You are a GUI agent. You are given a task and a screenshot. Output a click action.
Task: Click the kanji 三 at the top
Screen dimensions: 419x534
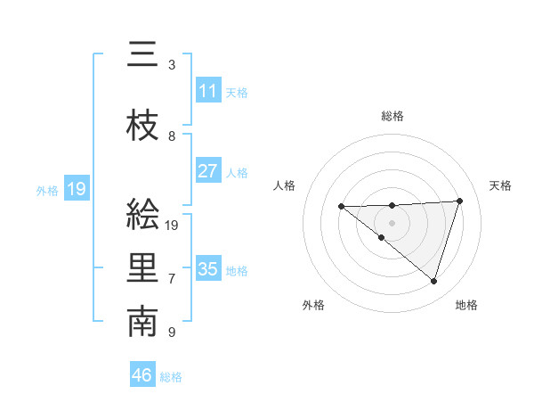coord(142,55)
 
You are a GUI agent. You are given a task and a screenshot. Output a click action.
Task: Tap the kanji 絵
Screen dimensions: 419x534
coord(142,214)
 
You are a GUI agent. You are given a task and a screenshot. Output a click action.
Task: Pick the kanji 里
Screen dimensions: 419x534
coord(142,268)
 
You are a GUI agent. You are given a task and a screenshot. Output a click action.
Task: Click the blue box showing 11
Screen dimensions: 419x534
coord(208,91)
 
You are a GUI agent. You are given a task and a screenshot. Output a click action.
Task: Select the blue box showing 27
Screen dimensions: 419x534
coord(208,171)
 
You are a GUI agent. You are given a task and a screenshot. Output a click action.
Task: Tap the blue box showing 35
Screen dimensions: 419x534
coord(208,269)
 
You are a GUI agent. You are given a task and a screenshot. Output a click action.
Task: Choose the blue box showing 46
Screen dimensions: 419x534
coord(142,375)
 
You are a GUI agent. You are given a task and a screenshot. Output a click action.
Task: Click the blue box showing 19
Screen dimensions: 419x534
coord(77,189)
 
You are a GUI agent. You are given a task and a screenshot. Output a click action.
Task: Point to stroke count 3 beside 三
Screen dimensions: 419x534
coord(172,65)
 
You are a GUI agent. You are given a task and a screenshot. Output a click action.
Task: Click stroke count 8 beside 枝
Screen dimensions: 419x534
coord(172,136)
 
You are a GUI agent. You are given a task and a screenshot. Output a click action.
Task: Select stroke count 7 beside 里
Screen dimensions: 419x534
coord(172,279)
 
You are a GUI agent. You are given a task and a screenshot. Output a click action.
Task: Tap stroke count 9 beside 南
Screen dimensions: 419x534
coord(172,333)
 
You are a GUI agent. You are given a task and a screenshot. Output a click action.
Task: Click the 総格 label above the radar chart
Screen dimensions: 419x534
coord(392,116)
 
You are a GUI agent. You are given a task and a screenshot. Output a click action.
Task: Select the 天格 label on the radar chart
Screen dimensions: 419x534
coord(500,185)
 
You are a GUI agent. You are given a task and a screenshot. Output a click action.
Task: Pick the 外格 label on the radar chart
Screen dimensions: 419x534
coord(312,305)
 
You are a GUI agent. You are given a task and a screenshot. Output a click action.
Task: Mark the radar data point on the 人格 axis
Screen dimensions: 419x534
coord(342,207)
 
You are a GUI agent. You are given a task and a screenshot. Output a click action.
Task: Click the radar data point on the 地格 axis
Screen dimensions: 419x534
coord(433,282)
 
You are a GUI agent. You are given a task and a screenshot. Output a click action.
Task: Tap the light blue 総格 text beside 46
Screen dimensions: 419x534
coord(171,377)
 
